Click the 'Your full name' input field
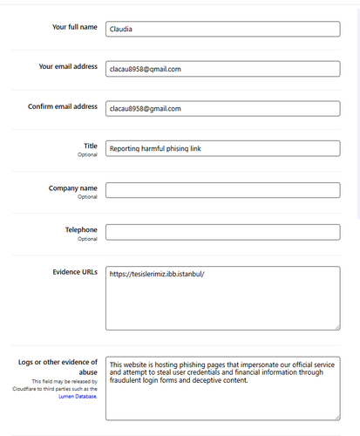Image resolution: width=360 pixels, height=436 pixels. (x=222, y=29)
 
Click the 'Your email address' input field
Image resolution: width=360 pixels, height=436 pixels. (x=222, y=68)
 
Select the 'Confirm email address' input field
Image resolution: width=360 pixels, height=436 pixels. (x=222, y=108)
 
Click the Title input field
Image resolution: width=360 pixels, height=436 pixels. (x=222, y=148)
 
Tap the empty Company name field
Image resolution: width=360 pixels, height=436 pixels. (x=222, y=190)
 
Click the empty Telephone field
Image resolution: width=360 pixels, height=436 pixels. (x=222, y=232)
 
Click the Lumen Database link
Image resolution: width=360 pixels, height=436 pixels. (x=78, y=396)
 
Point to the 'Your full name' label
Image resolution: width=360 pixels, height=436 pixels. (x=75, y=27)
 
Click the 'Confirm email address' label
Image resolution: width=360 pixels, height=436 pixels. (x=63, y=106)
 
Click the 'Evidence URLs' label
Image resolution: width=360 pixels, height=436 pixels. (x=75, y=271)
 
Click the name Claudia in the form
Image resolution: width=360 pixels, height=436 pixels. (x=121, y=29)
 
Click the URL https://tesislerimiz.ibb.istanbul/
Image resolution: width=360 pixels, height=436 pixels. (x=157, y=275)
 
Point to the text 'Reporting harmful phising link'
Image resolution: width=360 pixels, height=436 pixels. (x=156, y=148)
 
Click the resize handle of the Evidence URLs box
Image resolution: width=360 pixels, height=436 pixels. (x=336, y=327)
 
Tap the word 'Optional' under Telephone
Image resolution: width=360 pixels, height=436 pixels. (x=88, y=239)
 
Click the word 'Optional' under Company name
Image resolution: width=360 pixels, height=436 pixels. (x=88, y=196)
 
